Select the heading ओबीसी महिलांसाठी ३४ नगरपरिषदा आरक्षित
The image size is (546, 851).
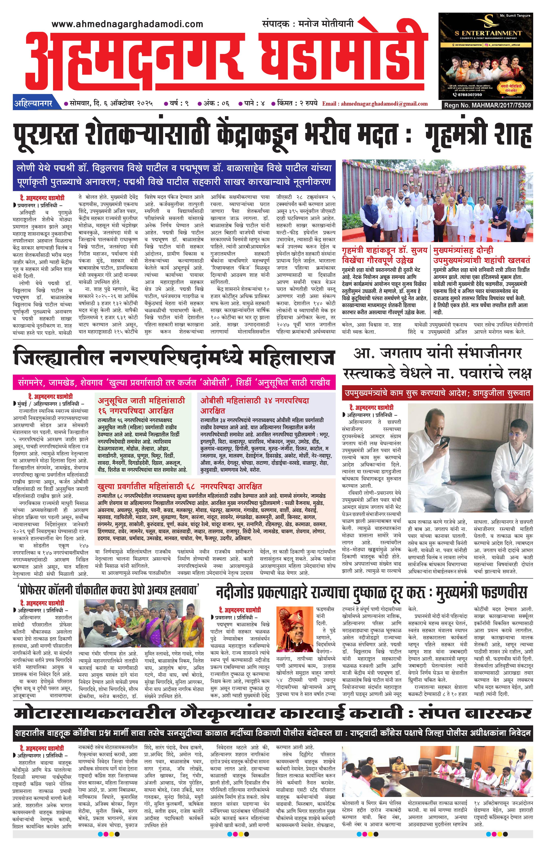255,405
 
